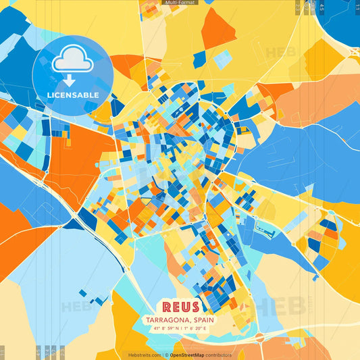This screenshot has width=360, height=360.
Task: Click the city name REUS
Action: coord(179,307)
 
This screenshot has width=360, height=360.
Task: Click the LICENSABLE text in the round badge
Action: coord(72,95)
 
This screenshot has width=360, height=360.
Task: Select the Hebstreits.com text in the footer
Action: coord(145,354)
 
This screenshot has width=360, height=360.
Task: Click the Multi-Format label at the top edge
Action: coord(180,3)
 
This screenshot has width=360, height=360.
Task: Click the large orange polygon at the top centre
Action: coord(218,28)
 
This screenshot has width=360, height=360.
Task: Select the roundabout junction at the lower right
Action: coord(259,336)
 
